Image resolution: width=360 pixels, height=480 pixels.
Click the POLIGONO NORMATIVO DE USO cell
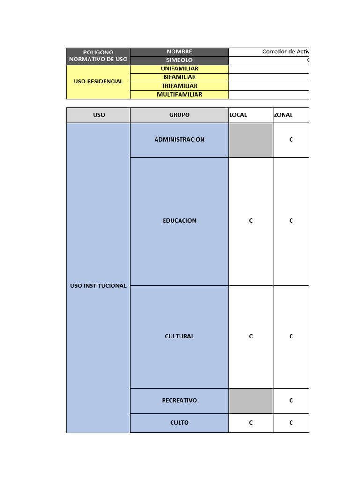[x=98, y=56]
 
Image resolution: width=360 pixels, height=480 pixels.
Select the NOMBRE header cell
[x=180, y=52]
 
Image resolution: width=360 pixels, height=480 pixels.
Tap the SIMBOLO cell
[x=180, y=60]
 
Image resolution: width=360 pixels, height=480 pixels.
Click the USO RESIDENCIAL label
[x=98, y=82]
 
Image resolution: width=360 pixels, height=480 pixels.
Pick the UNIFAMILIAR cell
[x=180, y=69]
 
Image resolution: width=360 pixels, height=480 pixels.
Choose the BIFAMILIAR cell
[x=180, y=77]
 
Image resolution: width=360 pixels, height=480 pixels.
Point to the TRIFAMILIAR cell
[x=180, y=86]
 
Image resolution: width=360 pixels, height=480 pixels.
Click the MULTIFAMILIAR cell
[x=180, y=95]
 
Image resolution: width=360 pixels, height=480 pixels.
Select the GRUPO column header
[x=180, y=115]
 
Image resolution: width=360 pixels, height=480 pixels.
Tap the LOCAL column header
[x=239, y=115]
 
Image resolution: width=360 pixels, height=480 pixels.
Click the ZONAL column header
[x=283, y=115]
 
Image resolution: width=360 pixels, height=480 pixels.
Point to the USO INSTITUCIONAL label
[x=98, y=285]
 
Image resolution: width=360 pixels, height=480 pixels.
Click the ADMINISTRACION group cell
[x=180, y=140]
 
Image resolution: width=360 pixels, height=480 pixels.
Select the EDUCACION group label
[x=180, y=221]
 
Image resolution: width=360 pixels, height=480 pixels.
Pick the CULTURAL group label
[x=180, y=336]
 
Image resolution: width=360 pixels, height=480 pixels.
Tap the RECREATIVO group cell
[x=180, y=401]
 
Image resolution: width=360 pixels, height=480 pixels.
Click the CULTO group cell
[x=180, y=423]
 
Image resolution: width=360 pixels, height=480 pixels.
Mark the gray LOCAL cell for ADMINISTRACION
[x=251, y=140]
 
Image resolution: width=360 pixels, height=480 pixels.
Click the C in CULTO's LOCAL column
[x=251, y=423]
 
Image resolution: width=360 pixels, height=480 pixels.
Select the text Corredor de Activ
[x=285, y=52]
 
